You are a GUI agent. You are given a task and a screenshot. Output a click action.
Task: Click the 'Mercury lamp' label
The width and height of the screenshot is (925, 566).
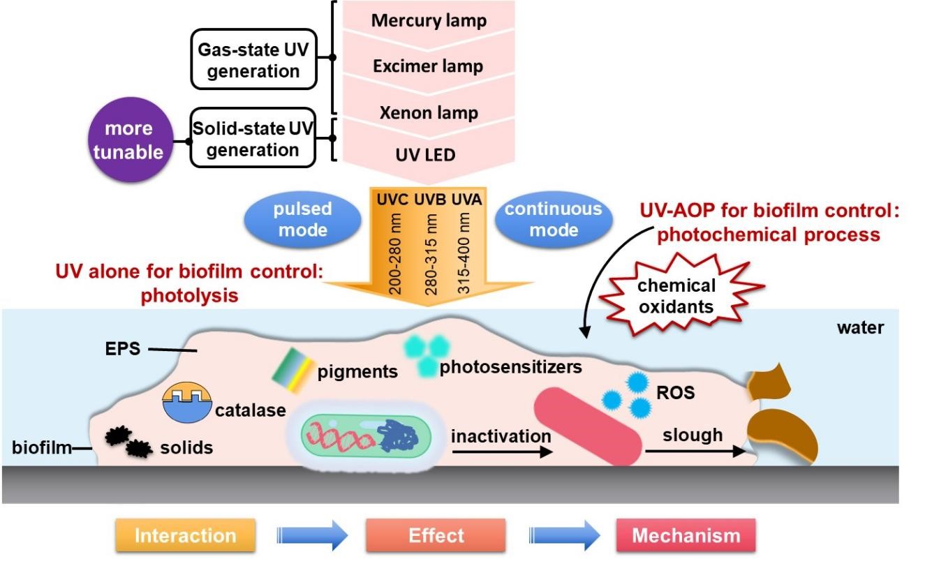tap(429, 20)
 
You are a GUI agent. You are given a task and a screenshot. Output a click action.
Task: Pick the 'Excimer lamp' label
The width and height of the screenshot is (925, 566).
tap(428, 67)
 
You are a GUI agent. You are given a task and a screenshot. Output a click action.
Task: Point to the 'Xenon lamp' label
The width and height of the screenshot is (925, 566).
tap(429, 113)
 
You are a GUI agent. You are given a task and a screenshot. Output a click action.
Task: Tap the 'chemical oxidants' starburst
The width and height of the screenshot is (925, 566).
tap(675, 295)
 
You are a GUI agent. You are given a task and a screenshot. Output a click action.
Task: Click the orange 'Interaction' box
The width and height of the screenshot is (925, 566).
tap(185, 535)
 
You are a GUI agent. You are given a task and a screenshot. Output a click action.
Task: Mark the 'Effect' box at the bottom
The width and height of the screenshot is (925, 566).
tap(436, 535)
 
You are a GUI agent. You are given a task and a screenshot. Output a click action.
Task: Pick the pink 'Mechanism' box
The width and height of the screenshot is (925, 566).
tap(686, 535)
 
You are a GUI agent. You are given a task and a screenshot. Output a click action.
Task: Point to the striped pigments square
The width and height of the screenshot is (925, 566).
tap(290, 364)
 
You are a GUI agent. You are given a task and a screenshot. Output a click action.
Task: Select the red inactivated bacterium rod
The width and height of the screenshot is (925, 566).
tap(588, 426)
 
